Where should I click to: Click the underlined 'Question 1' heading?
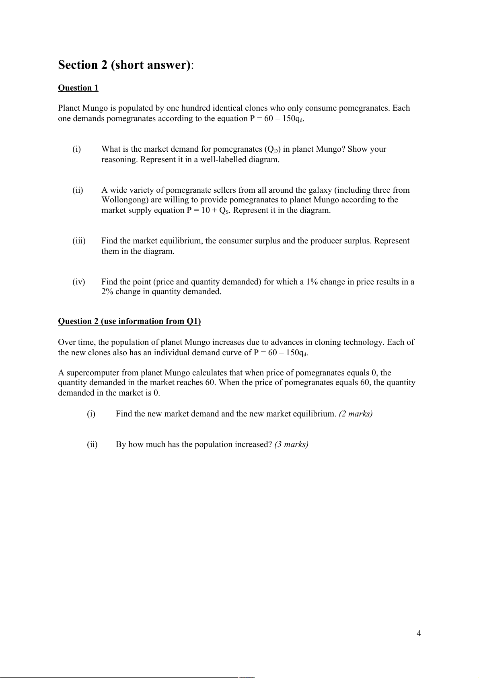(78, 88)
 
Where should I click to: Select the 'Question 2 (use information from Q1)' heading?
(129, 321)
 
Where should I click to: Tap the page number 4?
(419, 634)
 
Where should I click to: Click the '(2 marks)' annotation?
(356, 414)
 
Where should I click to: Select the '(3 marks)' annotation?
(291, 444)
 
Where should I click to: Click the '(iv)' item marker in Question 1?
(79, 282)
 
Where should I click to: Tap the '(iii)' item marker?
(79, 241)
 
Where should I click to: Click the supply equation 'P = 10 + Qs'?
(209, 210)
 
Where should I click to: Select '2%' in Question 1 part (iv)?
(107, 292)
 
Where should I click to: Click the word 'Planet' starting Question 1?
(69, 108)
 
